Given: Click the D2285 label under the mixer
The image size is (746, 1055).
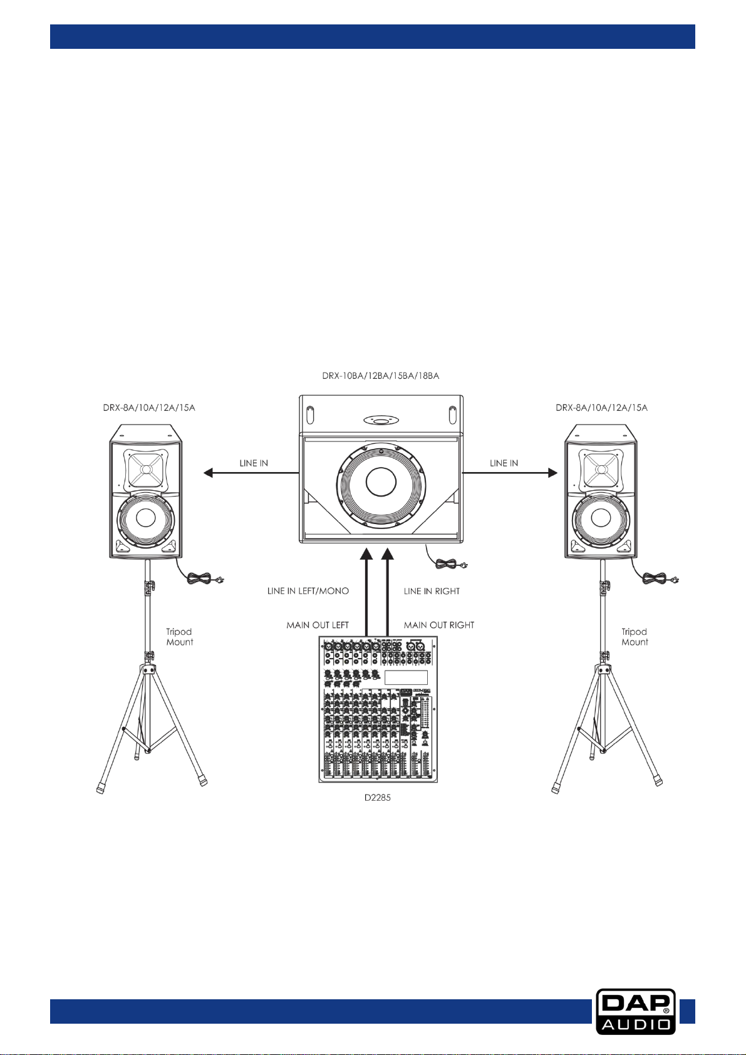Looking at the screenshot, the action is [378, 798].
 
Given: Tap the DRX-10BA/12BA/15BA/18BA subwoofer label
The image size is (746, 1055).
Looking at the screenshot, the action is [381, 376].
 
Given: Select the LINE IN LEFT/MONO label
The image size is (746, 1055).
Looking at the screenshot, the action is [308, 591].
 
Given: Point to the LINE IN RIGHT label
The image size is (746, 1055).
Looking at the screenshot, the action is [432, 591].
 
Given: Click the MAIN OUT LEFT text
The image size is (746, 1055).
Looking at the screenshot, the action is [318, 625].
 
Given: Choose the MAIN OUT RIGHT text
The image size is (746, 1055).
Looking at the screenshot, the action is [439, 625].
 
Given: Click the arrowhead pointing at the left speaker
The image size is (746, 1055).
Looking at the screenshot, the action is [209, 472].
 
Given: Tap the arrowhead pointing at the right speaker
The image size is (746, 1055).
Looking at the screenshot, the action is [553, 472].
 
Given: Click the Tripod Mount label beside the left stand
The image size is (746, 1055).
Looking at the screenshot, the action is [180, 637].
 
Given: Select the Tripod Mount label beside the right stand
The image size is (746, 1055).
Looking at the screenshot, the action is [635, 637].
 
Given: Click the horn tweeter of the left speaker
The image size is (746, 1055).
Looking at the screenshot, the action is [145, 470].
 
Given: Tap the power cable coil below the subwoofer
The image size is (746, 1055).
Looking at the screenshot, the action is [445, 563].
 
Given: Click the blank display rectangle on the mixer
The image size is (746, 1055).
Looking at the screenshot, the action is [407, 677].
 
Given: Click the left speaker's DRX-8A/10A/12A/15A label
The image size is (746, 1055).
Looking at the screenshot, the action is [149, 408].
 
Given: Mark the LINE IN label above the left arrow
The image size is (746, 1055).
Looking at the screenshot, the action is [254, 463].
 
